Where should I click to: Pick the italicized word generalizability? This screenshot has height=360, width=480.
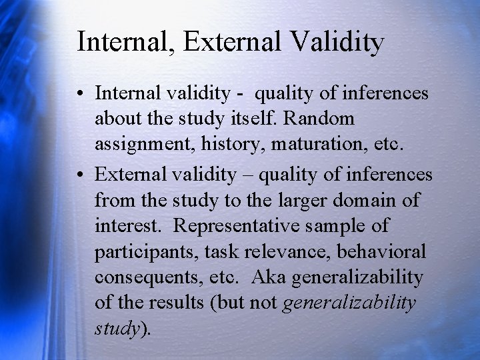coord(350,303)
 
